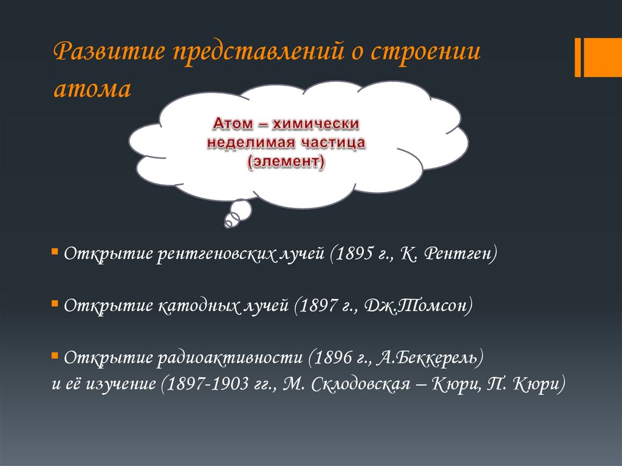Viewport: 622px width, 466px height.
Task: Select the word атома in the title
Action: coord(92,89)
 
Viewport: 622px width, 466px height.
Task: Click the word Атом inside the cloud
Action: coord(233,124)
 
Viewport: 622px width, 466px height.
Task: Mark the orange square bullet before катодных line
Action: coord(55,302)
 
